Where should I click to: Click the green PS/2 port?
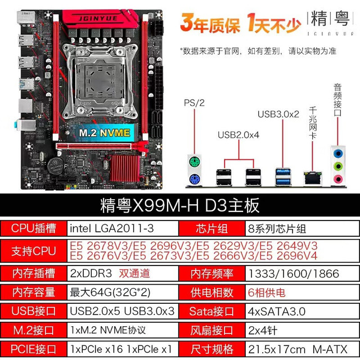195,161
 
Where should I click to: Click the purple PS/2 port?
195,179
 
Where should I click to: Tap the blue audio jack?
337,153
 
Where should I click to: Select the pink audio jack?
337,179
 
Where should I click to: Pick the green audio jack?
337,166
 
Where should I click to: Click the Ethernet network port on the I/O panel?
313,178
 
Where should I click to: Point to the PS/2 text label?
194,103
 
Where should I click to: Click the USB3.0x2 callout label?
278,114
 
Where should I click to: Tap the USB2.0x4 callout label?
238,135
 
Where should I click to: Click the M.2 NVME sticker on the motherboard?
105,133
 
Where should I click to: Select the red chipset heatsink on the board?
125,168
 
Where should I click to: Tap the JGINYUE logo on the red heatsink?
98,19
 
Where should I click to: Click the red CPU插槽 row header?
34,228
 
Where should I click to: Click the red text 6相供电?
267,292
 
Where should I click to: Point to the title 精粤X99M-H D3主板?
180,205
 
